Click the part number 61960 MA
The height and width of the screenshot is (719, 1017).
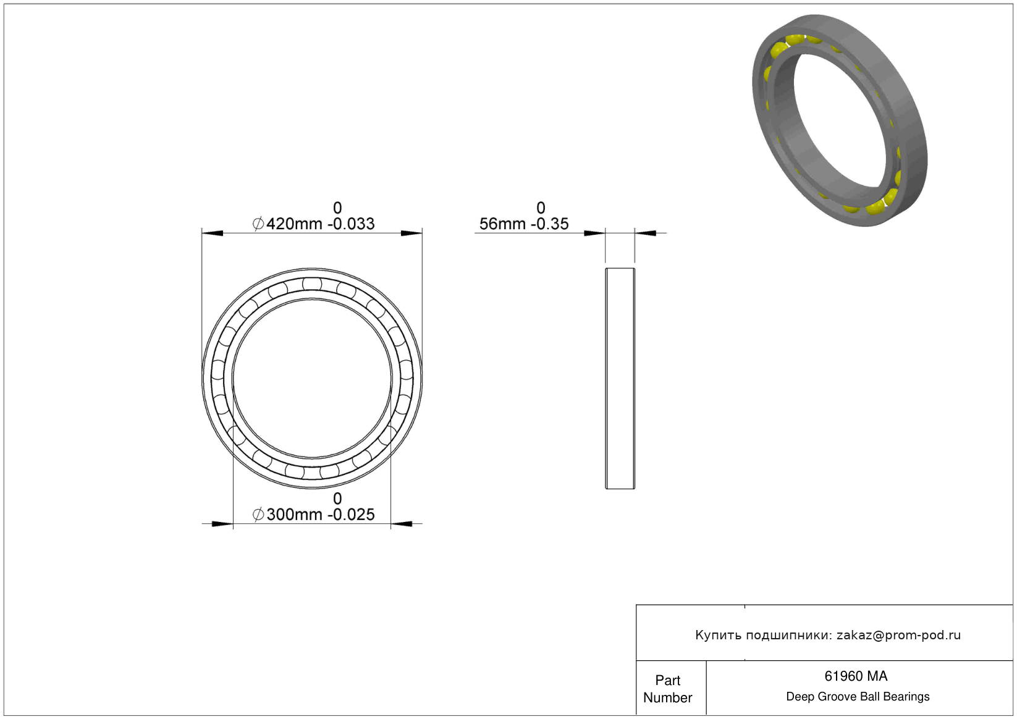click(x=856, y=676)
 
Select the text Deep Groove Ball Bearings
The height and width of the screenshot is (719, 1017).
click(x=858, y=696)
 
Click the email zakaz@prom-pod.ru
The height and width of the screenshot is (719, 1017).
click(x=898, y=635)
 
